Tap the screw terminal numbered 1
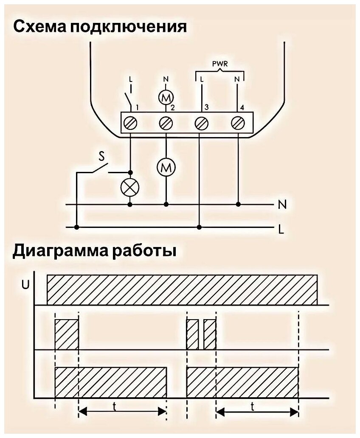[130, 123]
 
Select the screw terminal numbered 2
[166, 123]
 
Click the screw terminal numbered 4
[237, 123]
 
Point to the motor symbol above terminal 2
[164, 97]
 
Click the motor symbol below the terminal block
[166, 168]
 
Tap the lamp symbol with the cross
[130, 187]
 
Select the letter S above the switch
[102, 157]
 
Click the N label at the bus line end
[282, 205]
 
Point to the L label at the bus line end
[281, 230]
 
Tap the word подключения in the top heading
[128, 27]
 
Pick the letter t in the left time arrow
[115, 406]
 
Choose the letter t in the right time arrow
[253, 406]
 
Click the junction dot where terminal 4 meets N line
[238, 204]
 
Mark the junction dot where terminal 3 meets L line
[200, 227]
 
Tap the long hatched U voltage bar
[182, 290]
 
